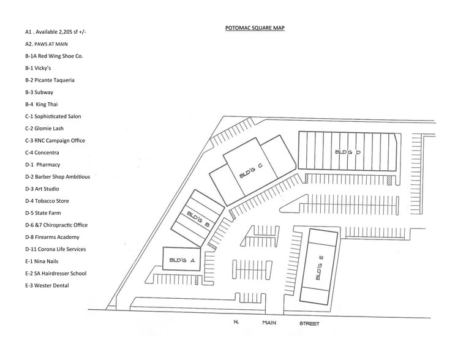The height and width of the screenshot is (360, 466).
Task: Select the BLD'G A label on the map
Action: click(x=181, y=260)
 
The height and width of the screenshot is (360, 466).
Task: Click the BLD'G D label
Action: click(x=347, y=152)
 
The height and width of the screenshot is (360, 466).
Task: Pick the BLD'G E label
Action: click(x=318, y=268)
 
